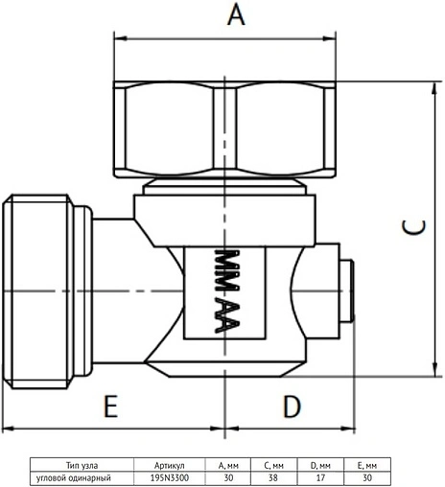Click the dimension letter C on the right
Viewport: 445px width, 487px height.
[413, 227]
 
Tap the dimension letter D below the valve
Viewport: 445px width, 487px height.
[293, 406]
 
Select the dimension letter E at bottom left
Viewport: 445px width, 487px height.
[111, 406]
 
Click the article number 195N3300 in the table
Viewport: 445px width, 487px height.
[170, 477]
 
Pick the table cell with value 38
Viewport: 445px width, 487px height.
[273, 477]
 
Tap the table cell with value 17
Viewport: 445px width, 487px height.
[320, 477]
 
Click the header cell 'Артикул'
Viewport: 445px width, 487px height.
[170, 465]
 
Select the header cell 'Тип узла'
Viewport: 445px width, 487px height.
[82, 465]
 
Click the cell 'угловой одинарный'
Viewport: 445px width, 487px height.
[74, 478]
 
